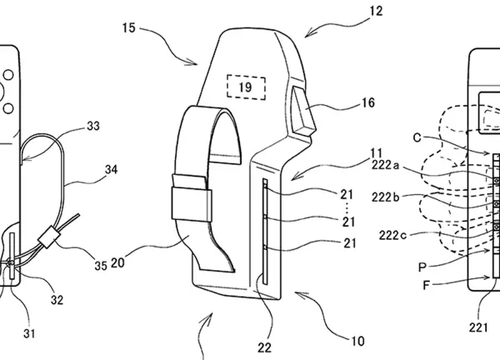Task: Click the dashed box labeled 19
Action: [246, 87]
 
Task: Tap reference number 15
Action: [129, 28]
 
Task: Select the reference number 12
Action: [376, 11]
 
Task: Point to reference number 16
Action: [367, 102]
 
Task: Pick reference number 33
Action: [93, 126]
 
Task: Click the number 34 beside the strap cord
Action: [112, 169]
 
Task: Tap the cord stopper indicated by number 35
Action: [49, 237]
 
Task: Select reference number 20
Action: [117, 262]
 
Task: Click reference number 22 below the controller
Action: [264, 347]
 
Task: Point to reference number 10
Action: [357, 341]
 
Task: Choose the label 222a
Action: [385, 165]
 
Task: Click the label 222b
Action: [386, 197]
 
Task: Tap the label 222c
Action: [392, 235]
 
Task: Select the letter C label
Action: [417, 137]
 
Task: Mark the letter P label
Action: [422, 267]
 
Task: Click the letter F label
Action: [427, 285]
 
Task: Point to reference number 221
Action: [478, 327]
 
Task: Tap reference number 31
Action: [29, 333]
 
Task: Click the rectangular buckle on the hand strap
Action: [192, 204]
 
